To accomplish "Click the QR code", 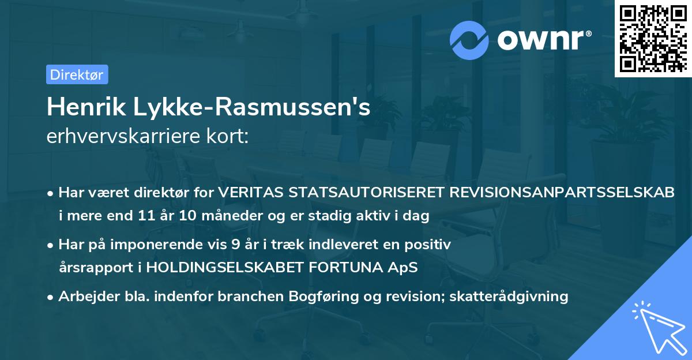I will click(653, 39).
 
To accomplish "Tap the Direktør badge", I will click(77, 74).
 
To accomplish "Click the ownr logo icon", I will click(469, 40).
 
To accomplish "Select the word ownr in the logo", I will click(543, 40).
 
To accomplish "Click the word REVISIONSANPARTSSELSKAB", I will click(560, 192).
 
